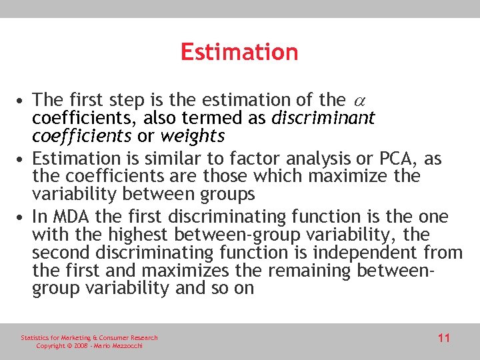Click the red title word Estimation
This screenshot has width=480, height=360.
239,52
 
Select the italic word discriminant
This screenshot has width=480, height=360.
323,119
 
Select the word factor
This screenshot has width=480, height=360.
255,159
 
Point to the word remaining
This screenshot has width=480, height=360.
313,271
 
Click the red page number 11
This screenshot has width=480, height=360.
444,338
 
